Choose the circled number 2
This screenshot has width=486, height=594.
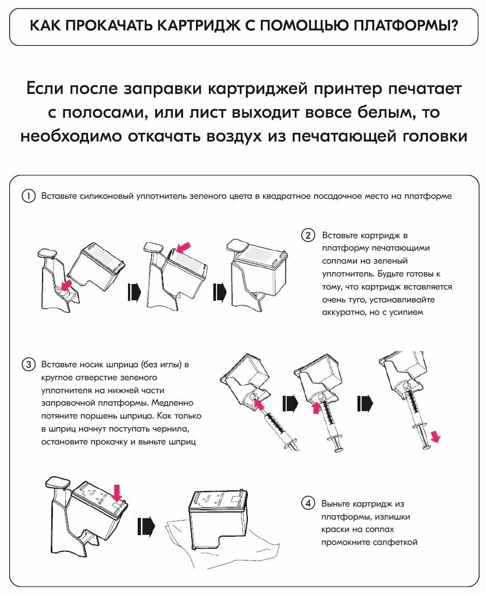click(308, 235)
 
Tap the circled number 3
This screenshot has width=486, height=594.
click(28, 364)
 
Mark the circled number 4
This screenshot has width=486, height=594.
click(308, 503)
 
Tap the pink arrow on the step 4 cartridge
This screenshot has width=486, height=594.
click(117, 492)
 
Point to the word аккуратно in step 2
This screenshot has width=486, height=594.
click(343, 312)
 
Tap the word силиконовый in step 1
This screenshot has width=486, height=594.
click(103, 196)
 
